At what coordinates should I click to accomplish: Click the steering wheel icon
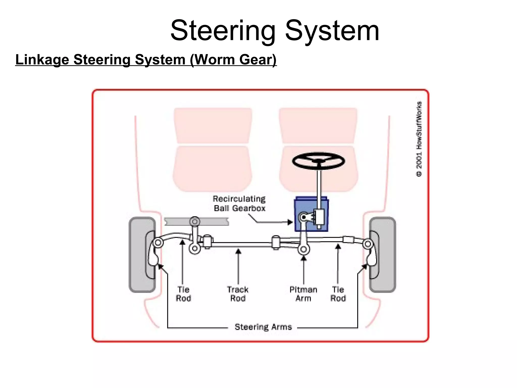(x=319, y=161)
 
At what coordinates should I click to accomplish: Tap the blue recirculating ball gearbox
(x=311, y=214)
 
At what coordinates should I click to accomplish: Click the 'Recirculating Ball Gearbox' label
(x=239, y=203)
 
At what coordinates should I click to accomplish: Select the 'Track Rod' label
(x=238, y=294)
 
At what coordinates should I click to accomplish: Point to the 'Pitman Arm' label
(x=303, y=294)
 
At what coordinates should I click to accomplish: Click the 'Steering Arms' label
(x=263, y=327)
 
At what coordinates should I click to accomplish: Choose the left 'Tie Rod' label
(x=183, y=294)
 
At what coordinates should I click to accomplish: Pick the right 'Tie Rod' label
(x=338, y=294)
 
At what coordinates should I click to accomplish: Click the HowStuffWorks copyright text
(x=419, y=139)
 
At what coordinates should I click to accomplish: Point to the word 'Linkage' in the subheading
(x=42, y=60)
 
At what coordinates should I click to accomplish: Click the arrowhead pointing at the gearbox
(x=290, y=222)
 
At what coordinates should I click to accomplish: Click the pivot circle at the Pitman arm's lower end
(x=304, y=249)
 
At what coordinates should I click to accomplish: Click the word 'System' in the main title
(x=332, y=31)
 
